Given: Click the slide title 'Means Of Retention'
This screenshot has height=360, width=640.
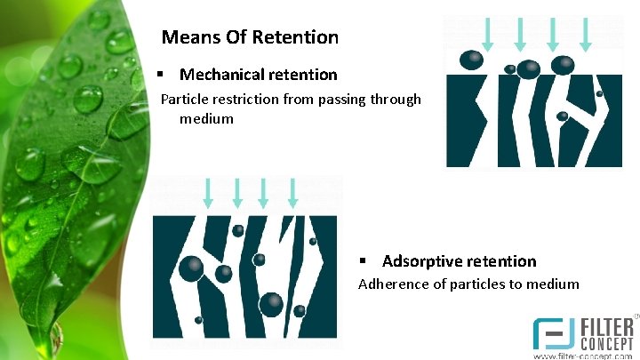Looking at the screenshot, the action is click(250, 37).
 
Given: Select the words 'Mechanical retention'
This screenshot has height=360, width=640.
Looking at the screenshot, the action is click(258, 75).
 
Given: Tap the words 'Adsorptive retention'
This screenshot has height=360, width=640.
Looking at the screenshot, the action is click(459, 261).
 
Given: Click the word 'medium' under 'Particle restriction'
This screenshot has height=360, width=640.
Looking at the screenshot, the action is click(206, 118).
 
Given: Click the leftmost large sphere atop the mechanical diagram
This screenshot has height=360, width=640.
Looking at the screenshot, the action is click(472, 60).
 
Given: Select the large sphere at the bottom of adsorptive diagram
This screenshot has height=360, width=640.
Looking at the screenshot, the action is click(271, 303).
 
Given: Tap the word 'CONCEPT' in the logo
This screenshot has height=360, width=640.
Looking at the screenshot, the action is click(606, 341).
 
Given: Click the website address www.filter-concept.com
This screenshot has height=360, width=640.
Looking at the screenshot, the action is click(582, 355).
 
